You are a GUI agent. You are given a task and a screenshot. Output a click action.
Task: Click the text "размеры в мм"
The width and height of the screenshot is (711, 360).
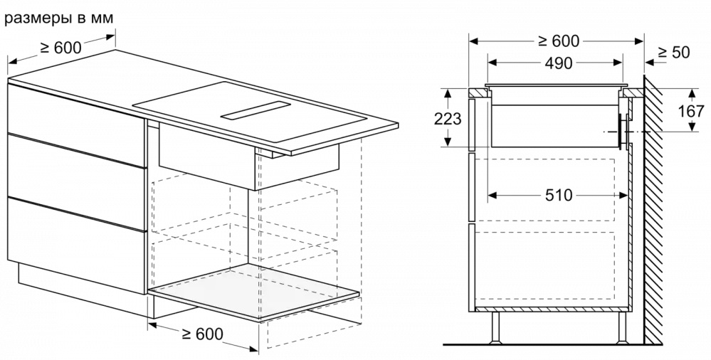(59, 18)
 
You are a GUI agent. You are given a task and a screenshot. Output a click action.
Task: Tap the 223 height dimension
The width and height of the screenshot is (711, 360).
(448, 118)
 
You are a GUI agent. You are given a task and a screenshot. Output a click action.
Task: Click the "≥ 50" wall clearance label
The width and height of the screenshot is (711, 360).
(673, 53)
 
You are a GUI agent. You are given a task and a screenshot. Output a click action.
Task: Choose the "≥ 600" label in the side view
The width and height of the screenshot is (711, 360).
(559, 41)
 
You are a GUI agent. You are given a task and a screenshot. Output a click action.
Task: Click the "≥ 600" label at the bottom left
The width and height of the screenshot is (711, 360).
(202, 334)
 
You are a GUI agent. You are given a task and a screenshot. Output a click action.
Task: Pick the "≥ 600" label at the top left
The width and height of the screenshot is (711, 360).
(60, 47)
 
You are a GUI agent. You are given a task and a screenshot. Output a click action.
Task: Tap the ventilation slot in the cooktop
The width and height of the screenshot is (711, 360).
(256, 110)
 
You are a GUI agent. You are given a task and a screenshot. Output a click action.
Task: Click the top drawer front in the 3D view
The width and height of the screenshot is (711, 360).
(77, 125)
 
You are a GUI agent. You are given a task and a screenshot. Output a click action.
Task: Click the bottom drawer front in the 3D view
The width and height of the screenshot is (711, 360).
(77, 245)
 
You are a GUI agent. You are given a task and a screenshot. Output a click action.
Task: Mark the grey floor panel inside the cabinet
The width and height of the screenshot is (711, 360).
(254, 292)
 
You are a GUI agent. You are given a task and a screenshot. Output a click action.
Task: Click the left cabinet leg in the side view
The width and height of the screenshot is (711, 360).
(495, 327)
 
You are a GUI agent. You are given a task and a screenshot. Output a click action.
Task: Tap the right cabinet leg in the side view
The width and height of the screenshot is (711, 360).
(623, 327)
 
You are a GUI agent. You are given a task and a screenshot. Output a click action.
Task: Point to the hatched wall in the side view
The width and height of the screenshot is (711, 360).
(653, 209)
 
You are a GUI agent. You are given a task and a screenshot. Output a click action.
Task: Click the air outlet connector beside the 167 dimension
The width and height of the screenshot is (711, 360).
(624, 131)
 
